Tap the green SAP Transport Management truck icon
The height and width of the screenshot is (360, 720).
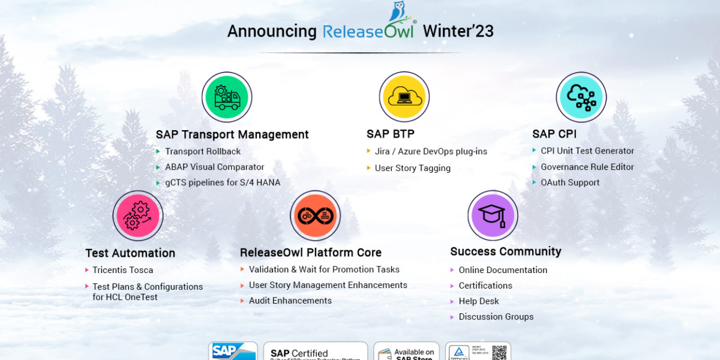pos(227,97)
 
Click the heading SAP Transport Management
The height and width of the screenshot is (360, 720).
pos(232,134)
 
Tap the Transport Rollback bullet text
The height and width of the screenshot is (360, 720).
pos(203,151)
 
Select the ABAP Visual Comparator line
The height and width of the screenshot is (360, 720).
pos(215,167)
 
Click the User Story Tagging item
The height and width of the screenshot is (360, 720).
pos(413,168)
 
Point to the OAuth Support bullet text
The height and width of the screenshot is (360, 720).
pos(570,182)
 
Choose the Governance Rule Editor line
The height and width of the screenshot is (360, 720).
pos(587,167)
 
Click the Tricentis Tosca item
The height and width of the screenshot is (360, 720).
pos(123,270)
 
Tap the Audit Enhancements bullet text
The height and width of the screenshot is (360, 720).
pos(290,301)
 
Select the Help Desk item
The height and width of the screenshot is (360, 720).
pos(479,301)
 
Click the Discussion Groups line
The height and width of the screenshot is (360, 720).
pos(496,317)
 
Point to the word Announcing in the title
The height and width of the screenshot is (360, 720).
pos(272,31)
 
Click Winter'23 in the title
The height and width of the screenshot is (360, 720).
pos(458,31)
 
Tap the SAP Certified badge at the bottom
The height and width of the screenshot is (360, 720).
pos(315,352)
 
